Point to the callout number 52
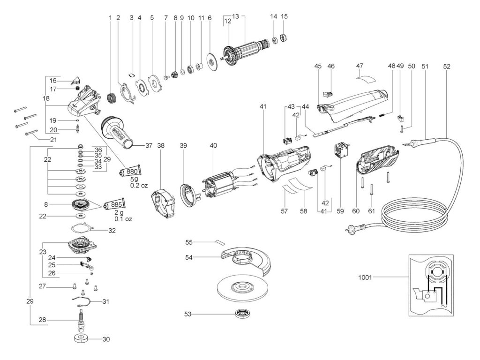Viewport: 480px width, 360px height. tap(446, 67)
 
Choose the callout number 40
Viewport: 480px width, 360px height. tap(213, 145)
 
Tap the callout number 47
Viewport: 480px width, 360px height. tap(360, 67)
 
